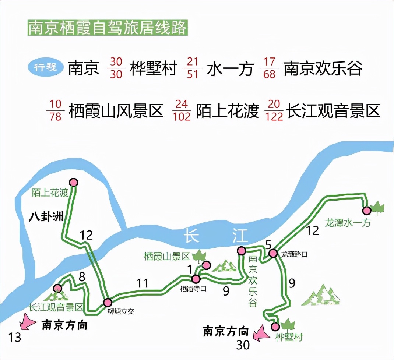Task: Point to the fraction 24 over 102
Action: coord(182,110)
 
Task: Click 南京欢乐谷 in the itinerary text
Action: coord(323,68)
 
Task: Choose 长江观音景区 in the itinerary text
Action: coord(333,111)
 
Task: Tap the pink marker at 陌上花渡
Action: coord(74,182)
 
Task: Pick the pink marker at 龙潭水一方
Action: coord(367,211)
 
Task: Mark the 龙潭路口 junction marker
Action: coord(273,253)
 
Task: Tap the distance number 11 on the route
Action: coord(143,283)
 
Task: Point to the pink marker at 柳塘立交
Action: coord(108,303)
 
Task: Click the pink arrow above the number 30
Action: coord(261,333)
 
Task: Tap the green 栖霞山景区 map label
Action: coord(167,256)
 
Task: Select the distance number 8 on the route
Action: coord(82,277)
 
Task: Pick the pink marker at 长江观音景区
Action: coord(57,288)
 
